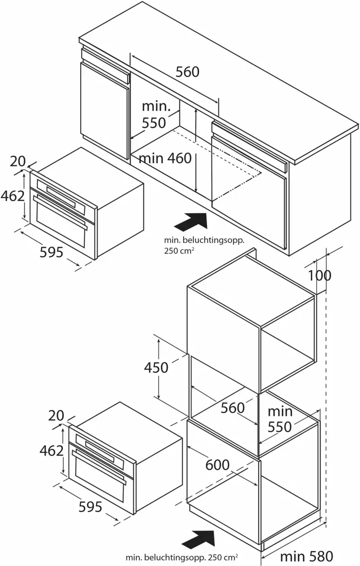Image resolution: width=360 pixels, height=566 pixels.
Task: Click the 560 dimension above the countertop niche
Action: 187,72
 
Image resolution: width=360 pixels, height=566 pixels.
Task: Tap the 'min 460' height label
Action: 165,158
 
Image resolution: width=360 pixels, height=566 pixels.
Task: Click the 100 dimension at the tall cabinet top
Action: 319,275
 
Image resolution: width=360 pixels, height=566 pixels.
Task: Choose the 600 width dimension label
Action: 218,465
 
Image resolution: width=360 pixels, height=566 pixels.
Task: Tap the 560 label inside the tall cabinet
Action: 233,408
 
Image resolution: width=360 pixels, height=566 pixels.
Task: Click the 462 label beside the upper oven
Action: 12,195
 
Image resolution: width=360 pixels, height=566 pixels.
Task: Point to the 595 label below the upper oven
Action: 51,252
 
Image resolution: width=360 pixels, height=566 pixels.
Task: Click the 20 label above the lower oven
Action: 55,416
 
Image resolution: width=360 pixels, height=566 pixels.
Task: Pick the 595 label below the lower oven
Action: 90,507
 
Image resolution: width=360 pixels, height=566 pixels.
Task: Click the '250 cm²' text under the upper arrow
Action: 177,250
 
